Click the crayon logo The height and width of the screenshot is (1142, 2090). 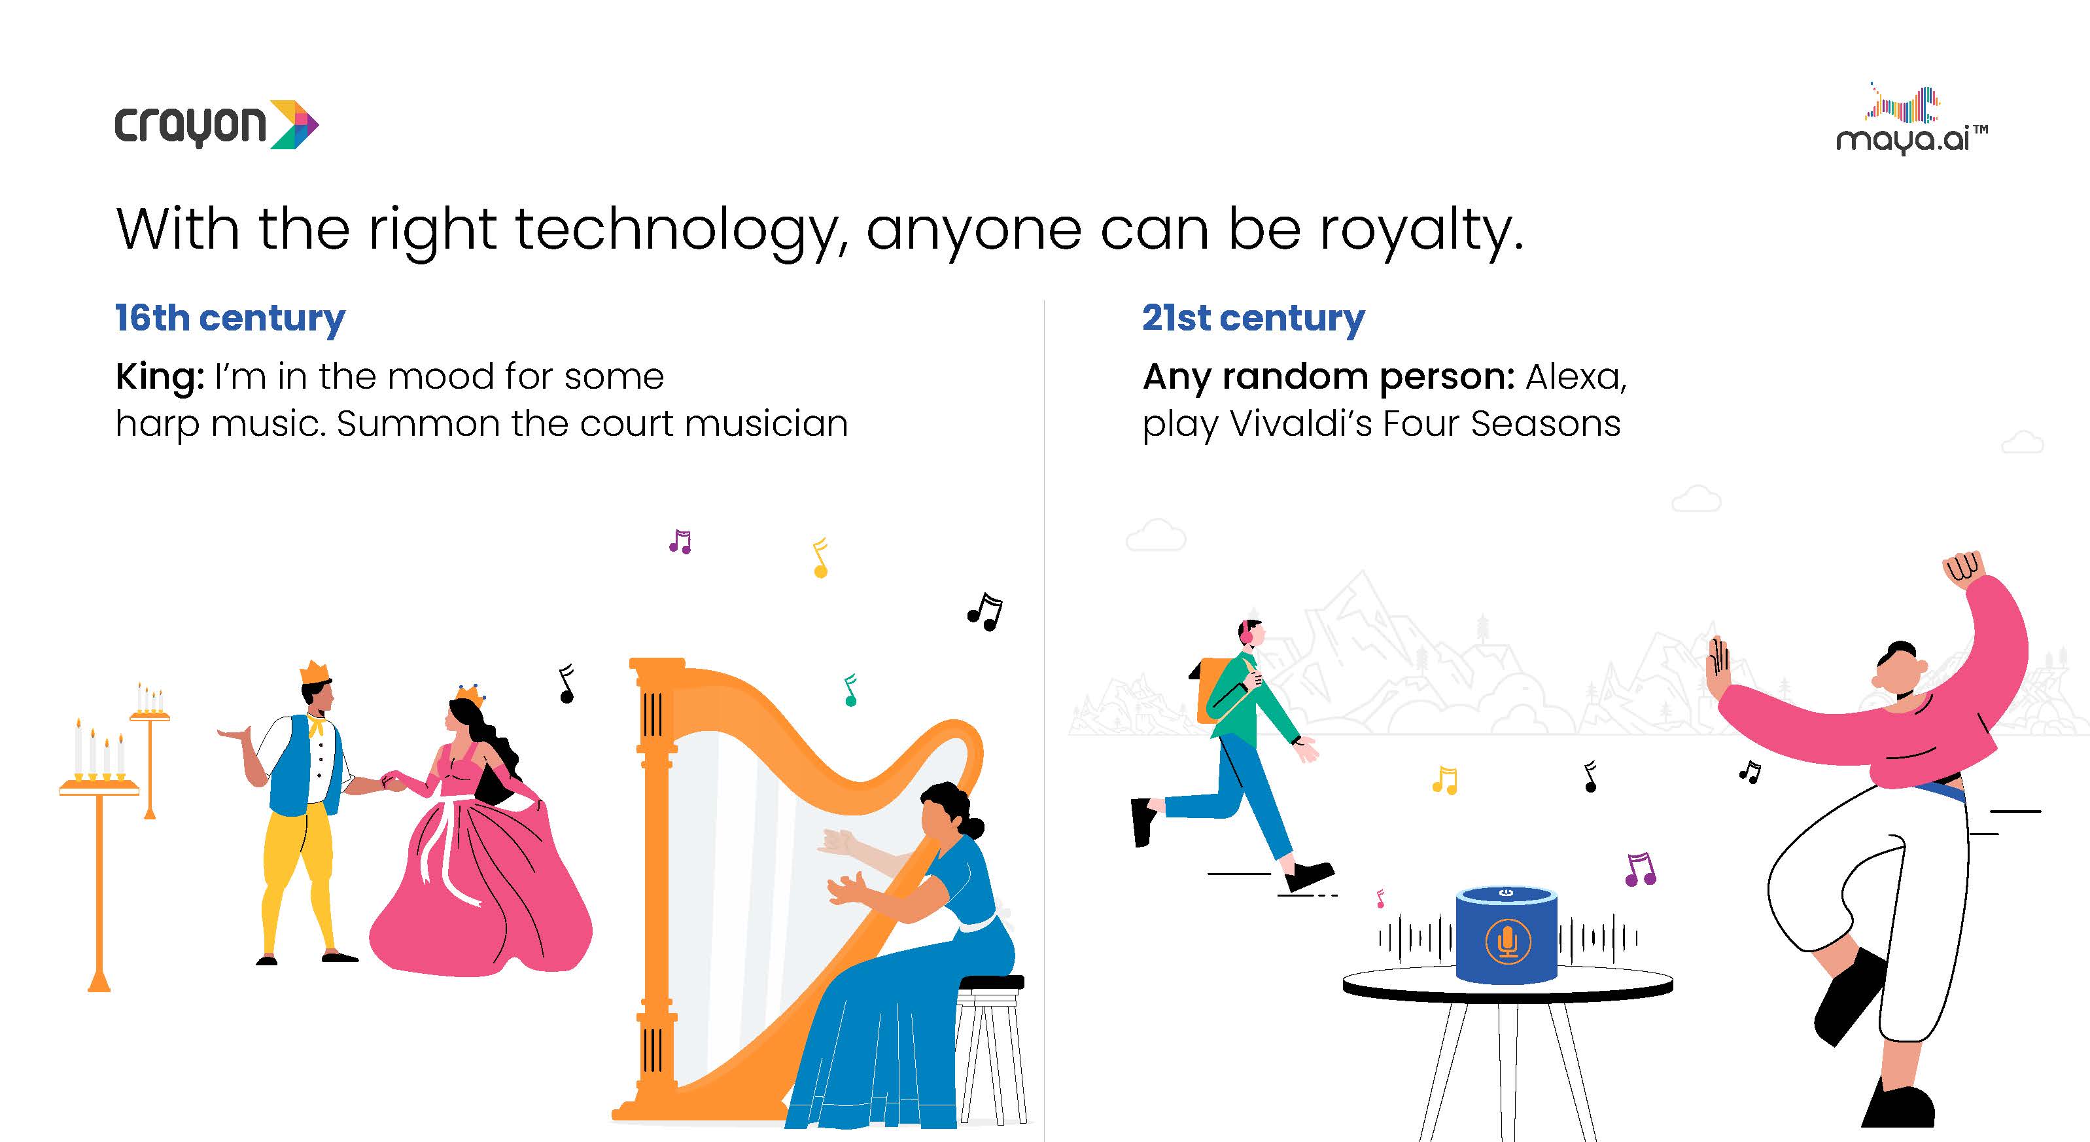tap(217, 124)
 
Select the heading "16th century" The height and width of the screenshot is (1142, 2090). tap(230, 318)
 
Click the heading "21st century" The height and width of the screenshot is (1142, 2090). tap(1253, 318)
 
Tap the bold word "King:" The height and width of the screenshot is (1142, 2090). tap(160, 376)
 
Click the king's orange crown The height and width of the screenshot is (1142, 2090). tap(315, 672)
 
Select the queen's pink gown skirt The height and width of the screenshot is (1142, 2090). tap(480, 885)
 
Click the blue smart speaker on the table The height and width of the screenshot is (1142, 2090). tap(1507, 935)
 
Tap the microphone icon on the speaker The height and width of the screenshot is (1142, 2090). tap(1507, 942)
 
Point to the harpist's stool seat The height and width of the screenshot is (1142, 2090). tap(990, 983)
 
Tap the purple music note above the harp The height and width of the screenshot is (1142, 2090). tap(680, 541)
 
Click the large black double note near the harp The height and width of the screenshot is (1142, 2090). tap(985, 611)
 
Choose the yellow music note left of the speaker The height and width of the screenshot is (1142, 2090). tap(1445, 780)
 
